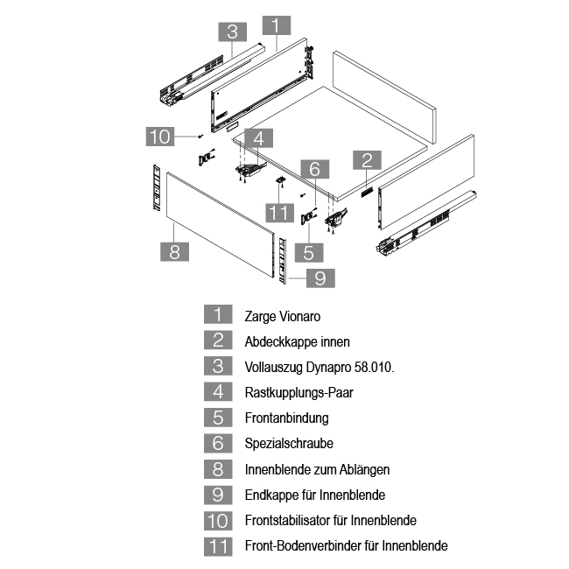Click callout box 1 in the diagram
point(276,25)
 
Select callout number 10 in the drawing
point(159,136)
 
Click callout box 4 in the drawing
point(259,137)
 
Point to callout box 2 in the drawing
point(367,159)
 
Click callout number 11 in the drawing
point(278,213)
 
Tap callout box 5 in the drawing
point(308,252)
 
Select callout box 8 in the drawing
point(174,251)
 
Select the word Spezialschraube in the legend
point(289,444)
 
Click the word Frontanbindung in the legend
point(286,418)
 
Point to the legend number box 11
point(218,545)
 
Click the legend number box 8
point(218,469)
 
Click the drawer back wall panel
point(385,96)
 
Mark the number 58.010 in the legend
point(371,368)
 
